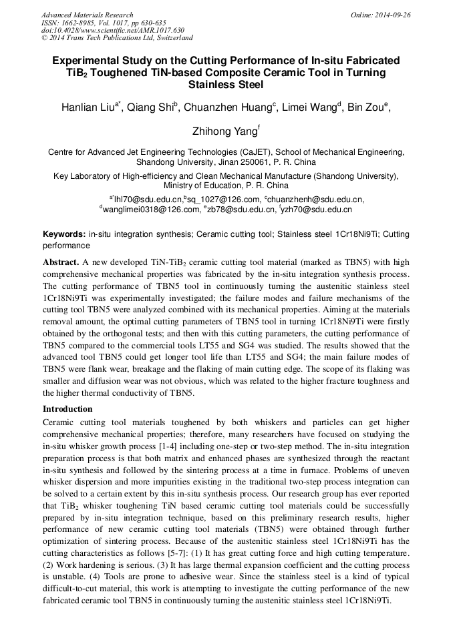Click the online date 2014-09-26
390,15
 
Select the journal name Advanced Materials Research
88,15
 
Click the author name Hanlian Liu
88,107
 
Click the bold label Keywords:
64,234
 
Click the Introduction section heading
68,408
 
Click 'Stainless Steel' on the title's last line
226,85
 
